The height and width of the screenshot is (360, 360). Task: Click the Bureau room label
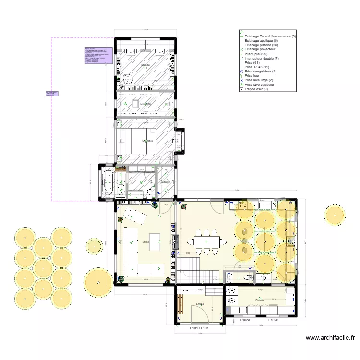tap(145, 64)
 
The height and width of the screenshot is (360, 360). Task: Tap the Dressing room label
tap(145, 104)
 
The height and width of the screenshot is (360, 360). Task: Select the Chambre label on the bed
tap(147, 141)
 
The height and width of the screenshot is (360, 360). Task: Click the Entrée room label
tap(200, 304)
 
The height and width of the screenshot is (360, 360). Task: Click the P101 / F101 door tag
tap(200, 328)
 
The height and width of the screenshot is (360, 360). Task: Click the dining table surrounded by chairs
tap(206, 240)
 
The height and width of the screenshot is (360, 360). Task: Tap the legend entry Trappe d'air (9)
tap(259, 89)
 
